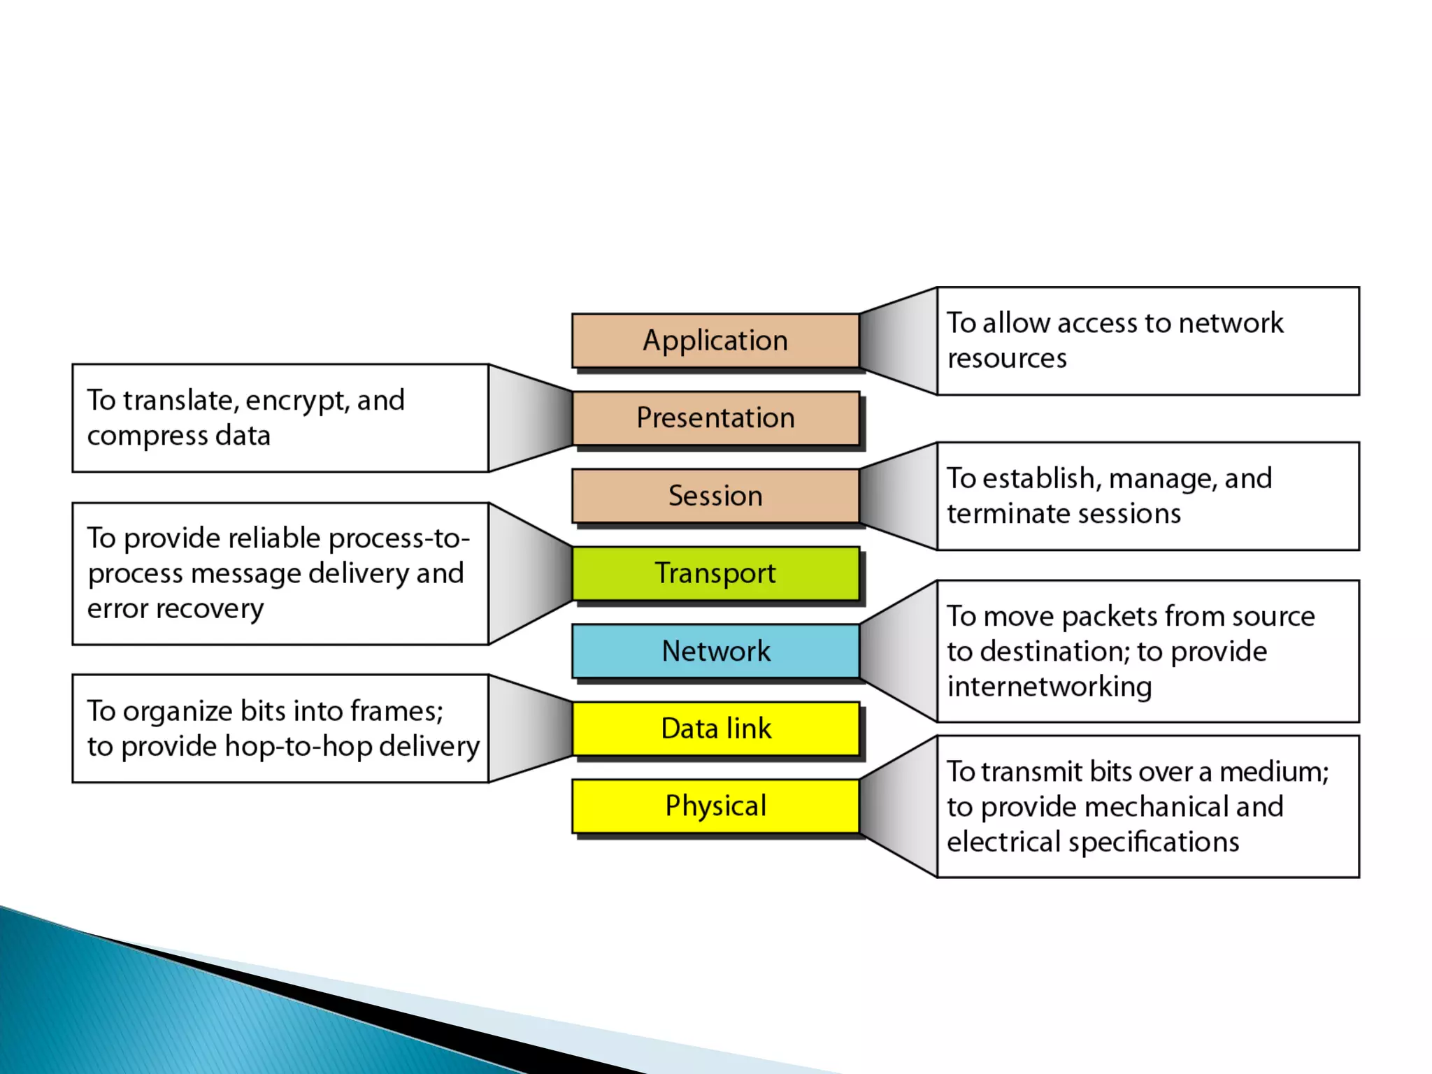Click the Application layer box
(x=715, y=341)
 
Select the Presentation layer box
(x=715, y=418)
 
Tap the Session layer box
(x=715, y=496)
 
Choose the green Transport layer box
(x=715, y=573)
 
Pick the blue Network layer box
(x=715, y=651)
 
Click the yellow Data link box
(x=715, y=729)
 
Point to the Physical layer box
(x=715, y=806)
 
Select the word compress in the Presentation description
(x=147, y=436)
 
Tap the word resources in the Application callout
(x=1007, y=359)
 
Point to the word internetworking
(x=1049, y=687)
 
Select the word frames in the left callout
(x=396, y=712)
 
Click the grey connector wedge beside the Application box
(x=899, y=341)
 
